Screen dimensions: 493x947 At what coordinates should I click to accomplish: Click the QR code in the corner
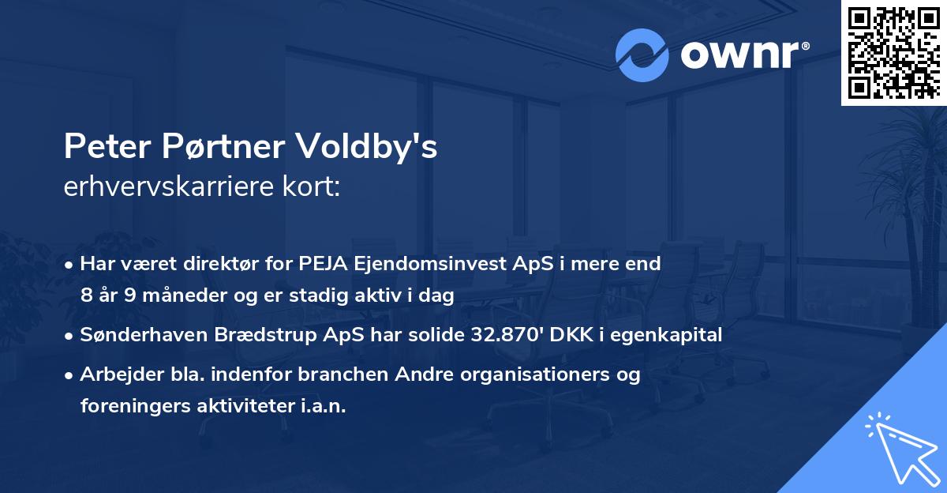point(894,53)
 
